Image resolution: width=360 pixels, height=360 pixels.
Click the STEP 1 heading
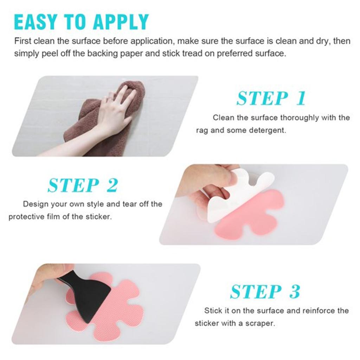pyautogui.click(x=271, y=98)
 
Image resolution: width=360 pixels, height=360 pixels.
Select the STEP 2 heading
pyautogui.click(x=83, y=185)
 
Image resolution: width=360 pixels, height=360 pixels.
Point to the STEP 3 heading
pyautogui.click(x=265, y=292)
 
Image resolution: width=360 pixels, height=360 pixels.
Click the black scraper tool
pyautogui.click(x=88, y=295)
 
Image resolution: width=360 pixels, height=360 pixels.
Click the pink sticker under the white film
pyautogui.click(x=253, y=218)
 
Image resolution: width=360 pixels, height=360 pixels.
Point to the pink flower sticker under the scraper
pyautogui.click(x=116, y=316)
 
